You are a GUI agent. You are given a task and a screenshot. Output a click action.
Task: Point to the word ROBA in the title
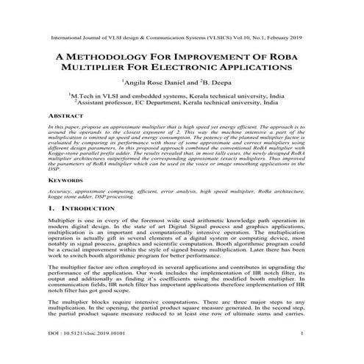pyautogui.click(x=293, y=55)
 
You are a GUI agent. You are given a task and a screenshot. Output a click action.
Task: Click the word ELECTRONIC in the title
pyautogui.click(x=199, y=67)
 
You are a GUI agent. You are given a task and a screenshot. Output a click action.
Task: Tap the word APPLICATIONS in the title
pyautogui.click(x=265, y=67)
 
